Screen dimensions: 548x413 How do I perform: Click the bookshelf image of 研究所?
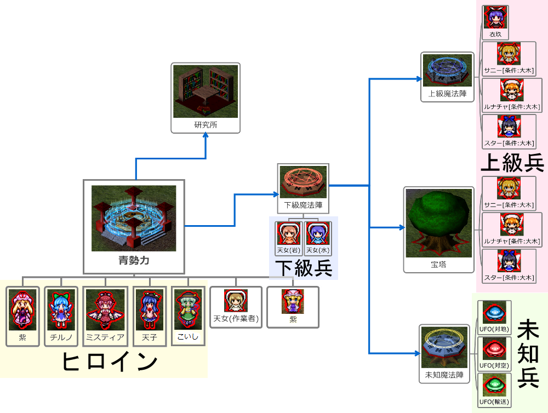click(206, 91)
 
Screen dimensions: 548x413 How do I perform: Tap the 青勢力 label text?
click(134, 260)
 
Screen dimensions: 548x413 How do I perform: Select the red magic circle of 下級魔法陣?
click(304, 182)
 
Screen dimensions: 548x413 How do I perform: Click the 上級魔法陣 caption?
click(447, 94)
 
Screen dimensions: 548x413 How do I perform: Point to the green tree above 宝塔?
click(438, 223)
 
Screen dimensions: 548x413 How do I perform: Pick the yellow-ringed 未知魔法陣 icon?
click(444, 347)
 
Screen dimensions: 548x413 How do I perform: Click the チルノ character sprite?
click(61, 309)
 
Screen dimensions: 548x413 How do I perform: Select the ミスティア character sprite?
click(105, 309)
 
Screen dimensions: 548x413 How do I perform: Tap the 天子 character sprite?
click(150, 309)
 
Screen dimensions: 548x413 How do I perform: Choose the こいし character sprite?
click(188, 309)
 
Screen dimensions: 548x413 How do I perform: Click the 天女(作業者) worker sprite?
click(236, 301)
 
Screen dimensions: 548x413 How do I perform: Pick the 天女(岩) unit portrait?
click(289, 234)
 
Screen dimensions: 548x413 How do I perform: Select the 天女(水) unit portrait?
click(318, 234)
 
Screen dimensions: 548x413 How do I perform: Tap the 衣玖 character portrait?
click(495, 18)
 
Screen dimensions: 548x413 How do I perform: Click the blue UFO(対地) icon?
click(494, 312)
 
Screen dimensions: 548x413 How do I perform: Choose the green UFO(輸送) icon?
click(494, 385)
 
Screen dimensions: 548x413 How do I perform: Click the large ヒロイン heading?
click(110, 362)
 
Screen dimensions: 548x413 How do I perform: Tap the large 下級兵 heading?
click(304, 268)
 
